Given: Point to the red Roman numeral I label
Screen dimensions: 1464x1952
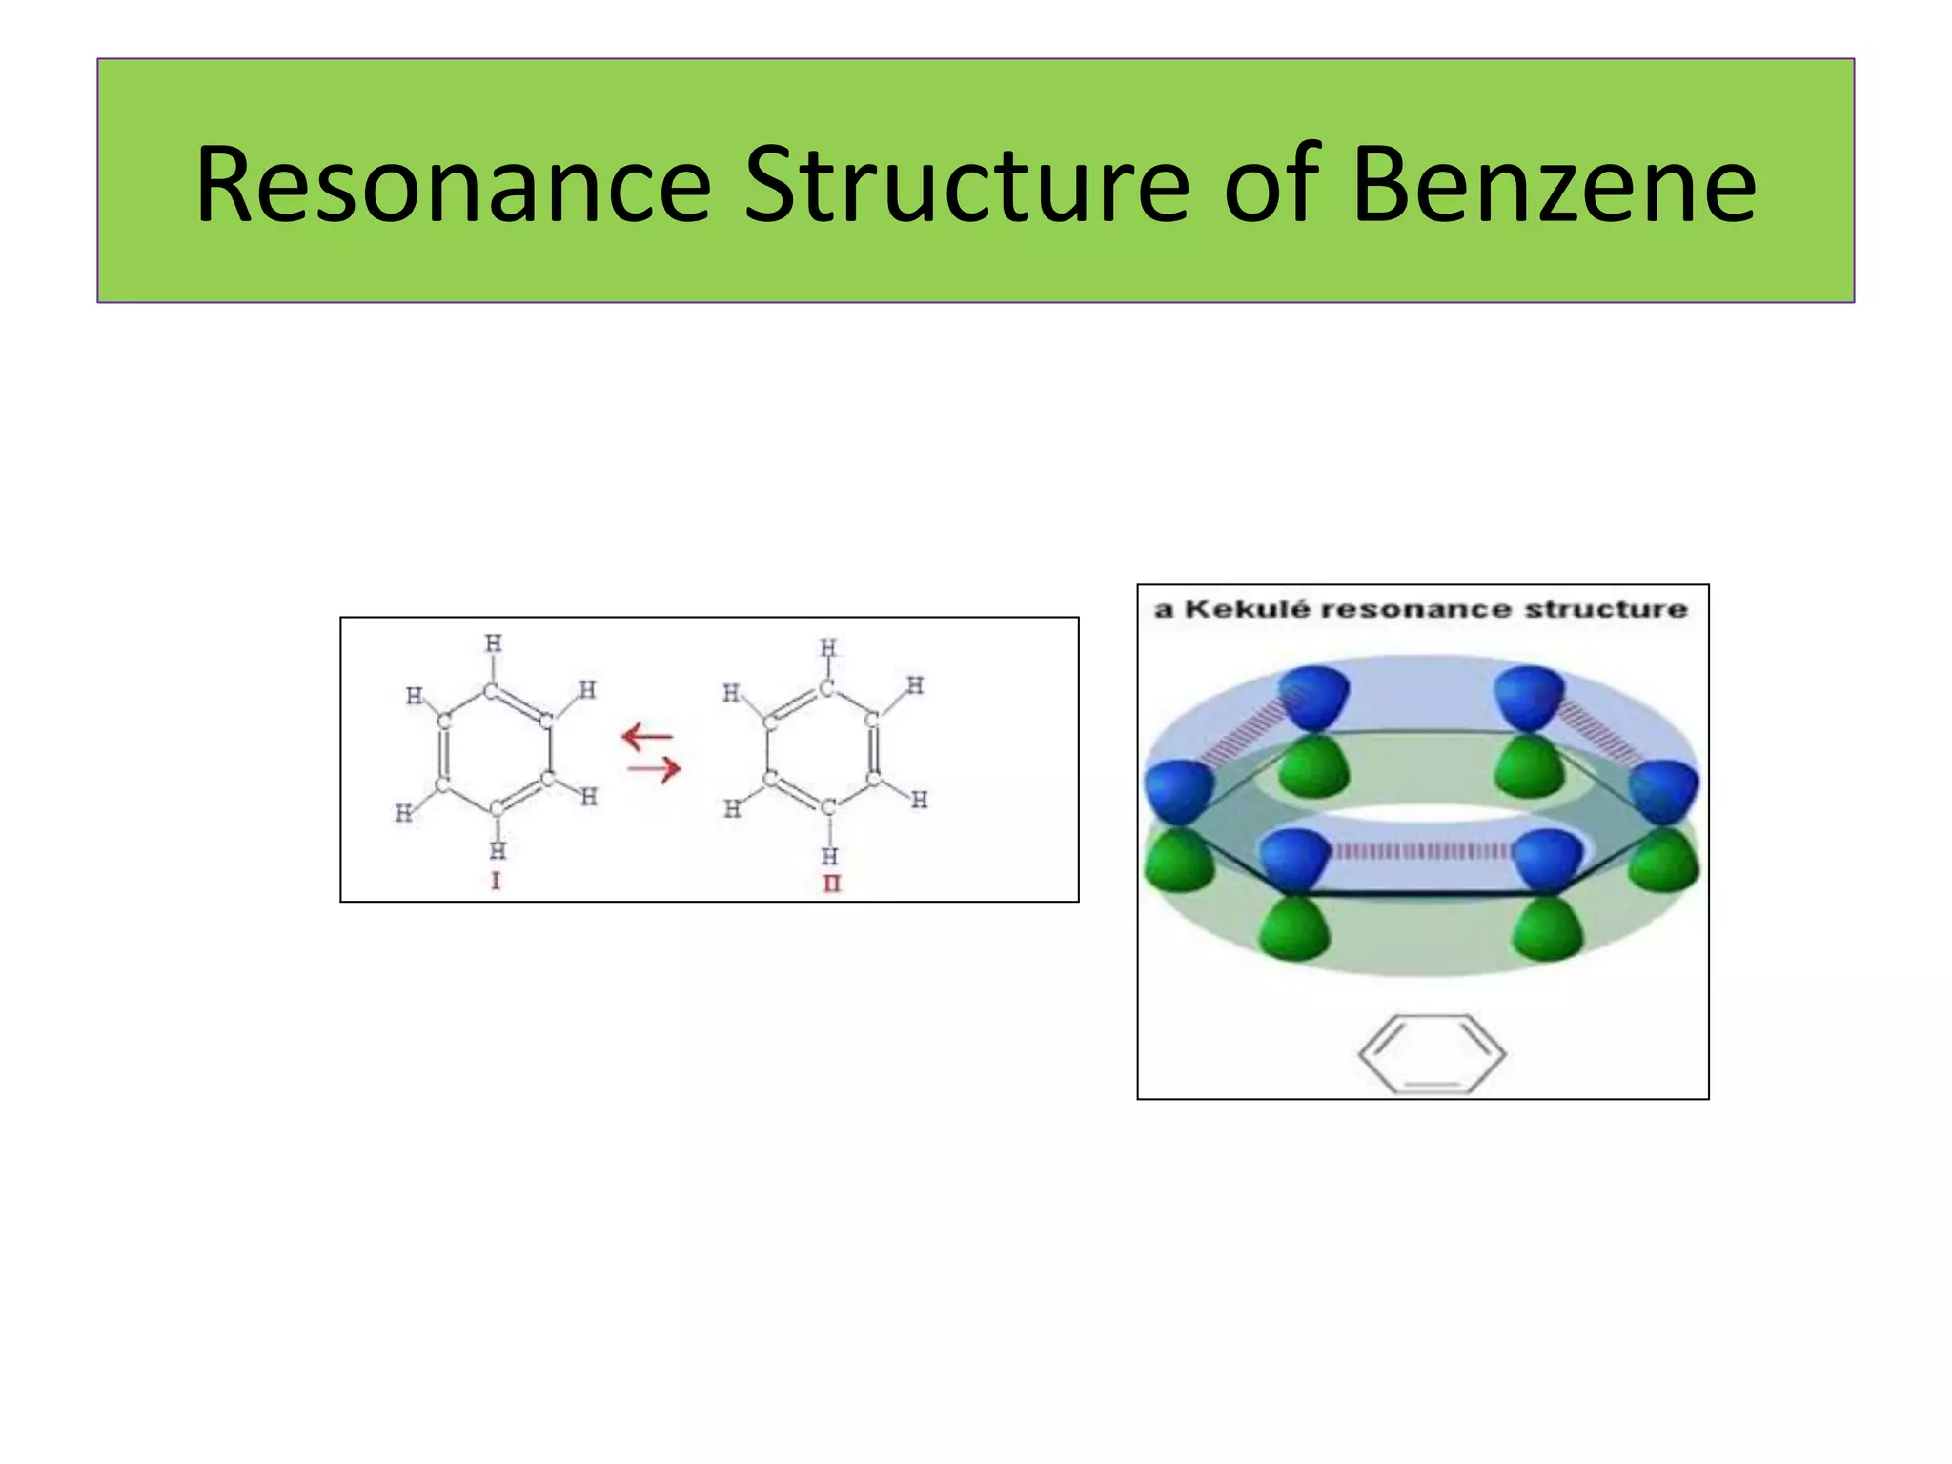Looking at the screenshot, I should tap(496, 882).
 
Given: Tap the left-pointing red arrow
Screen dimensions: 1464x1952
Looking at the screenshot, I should tap(647, 737).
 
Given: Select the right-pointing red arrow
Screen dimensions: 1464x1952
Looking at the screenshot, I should tap(655, 767).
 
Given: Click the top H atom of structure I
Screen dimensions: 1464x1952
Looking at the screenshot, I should tap(493, 643).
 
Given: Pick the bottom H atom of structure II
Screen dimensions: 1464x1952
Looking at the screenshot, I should tap(830, 855).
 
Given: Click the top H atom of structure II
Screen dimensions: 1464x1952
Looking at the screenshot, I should tap(828, 648).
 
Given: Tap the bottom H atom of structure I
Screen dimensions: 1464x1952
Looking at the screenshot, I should tap(498, 850).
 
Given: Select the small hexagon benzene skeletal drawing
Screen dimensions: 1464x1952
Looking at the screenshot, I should tap(1432, 1054).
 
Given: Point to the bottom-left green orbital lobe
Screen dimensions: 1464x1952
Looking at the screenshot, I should tap(1294, 929).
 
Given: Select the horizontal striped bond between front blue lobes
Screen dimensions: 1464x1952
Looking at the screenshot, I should tap(1420, 850).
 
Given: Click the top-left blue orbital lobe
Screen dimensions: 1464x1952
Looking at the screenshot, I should tap(1313, 696).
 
